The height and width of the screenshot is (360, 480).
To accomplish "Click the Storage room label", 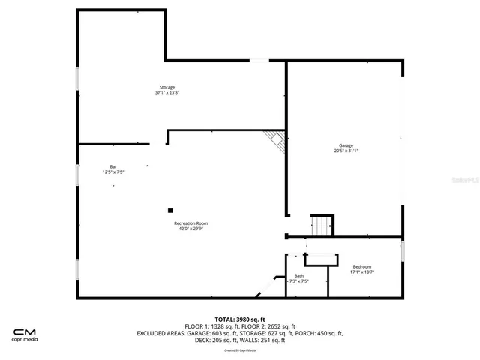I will click(167, 87).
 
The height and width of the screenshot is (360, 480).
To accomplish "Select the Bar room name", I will click(113, 166).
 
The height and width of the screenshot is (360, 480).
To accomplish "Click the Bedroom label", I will click(362, 266).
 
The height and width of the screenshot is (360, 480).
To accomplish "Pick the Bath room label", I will click(299, 275).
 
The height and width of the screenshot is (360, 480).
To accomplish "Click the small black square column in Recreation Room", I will click(170, 211).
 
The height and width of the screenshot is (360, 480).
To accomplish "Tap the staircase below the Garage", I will click(322, 225).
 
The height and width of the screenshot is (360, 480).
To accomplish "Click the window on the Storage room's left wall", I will click(77, 79).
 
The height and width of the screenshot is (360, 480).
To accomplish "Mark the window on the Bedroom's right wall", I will click(403, 250).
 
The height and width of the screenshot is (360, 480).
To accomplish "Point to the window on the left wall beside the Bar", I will click(77, 174).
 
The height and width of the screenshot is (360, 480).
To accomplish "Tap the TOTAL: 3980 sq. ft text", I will click(240, 319).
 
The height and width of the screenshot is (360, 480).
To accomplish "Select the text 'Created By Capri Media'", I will click(240, 350).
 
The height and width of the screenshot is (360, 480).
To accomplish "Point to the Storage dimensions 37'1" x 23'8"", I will click(167, 93).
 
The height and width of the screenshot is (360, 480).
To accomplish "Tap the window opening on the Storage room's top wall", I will click(258, 60).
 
